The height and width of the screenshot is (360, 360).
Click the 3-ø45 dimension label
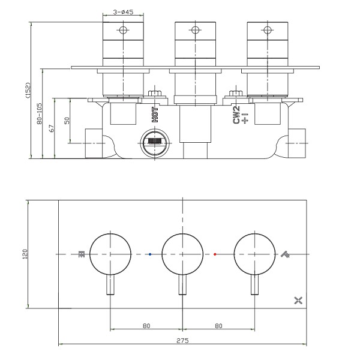123,12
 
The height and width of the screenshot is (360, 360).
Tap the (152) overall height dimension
28,91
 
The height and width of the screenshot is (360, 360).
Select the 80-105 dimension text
40,113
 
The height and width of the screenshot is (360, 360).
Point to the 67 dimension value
52,128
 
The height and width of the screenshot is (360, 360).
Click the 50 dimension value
67,121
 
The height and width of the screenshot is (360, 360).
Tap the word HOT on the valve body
155,115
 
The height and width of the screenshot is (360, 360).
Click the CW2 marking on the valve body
236,115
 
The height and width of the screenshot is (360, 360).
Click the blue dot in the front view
150,254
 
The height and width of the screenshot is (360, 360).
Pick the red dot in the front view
215,254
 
